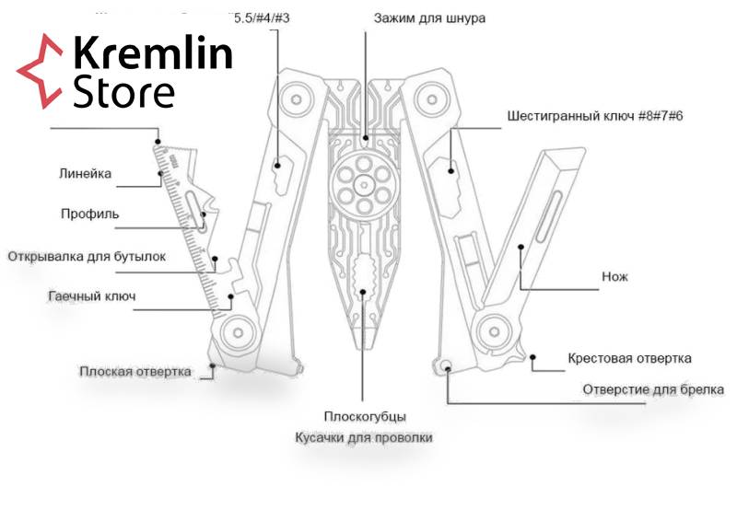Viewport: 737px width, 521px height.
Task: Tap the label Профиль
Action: [x=89, y=214]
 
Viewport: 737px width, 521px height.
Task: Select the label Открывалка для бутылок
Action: [x=88, y=256]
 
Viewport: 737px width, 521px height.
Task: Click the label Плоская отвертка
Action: [x=135, y=372]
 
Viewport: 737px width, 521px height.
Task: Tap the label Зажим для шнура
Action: [x=429, y=18]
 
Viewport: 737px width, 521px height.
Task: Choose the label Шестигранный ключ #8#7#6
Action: [x=593, y=117]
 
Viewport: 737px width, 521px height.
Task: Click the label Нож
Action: [x=614, y=276]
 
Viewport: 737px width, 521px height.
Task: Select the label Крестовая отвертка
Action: [x=629, y=358]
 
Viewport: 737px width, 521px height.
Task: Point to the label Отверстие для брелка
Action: [x=652, y=389]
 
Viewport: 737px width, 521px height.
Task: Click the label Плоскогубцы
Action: [x=365, y=417]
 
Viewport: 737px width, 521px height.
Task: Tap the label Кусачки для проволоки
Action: [x=363, y=438]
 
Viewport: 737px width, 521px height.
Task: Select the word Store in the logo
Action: [x=123, y=92]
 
